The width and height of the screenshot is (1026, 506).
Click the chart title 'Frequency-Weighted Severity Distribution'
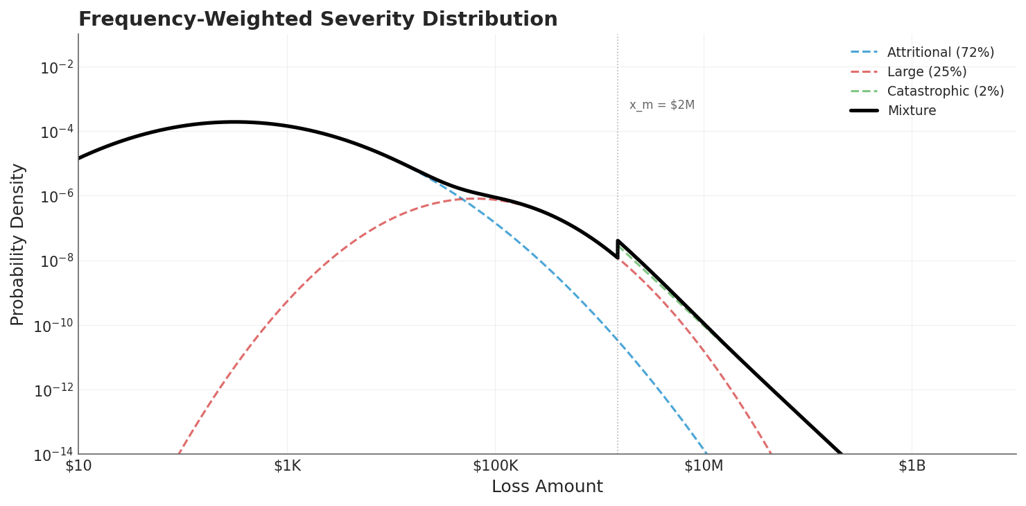318,19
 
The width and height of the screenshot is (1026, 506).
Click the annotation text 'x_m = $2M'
661,105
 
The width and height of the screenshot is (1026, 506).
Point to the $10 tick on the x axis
78,466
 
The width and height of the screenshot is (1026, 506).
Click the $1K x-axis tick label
287,466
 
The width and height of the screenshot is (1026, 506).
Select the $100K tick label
495,466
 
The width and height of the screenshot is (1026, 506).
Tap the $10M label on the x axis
704,466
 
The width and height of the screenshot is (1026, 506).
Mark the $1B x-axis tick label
912,466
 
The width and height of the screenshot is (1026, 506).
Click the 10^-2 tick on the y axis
56,68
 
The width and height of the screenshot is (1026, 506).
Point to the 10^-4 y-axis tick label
56,132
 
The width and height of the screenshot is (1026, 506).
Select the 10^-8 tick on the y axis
56,261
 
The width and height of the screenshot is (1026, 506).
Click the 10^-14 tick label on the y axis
53,455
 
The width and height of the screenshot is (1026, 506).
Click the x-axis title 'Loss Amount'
547,487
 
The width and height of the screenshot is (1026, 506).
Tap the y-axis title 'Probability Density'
18,244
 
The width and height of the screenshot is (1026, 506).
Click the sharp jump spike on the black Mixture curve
618,242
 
